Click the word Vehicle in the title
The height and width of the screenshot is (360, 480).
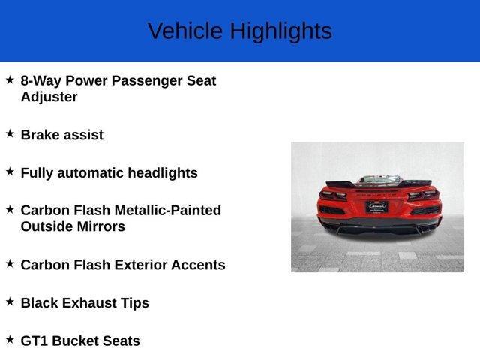(x=185, y=31)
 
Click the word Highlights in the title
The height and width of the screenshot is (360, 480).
(x=280, y=31)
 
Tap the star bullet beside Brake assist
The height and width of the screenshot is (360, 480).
(x=10, y=133)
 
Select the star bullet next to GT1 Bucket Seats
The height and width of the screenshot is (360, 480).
(x=10, y=339)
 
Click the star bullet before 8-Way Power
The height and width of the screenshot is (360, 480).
(x=10, y=79)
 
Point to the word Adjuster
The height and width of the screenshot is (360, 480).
(x=49, y=97)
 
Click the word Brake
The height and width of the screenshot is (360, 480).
(x=41, y=135)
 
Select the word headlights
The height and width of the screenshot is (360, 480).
(x=162, y=173)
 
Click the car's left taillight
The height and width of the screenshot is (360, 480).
(x=333, y=196)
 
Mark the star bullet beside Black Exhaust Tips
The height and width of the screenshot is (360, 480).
(x=10, y=301)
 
